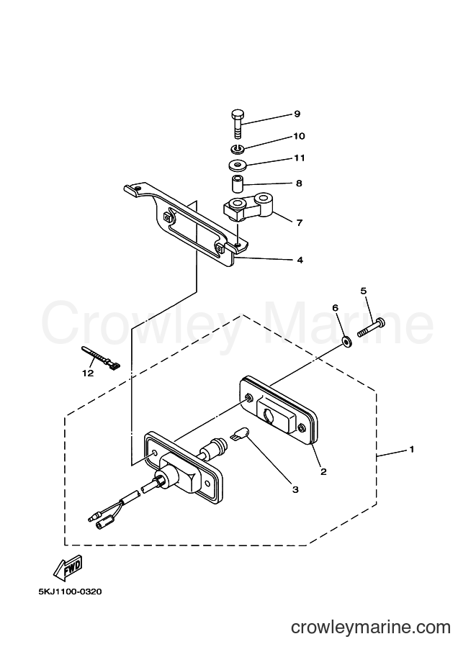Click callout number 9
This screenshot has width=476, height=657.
pos(297,114)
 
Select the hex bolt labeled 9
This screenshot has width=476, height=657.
pos(238,124)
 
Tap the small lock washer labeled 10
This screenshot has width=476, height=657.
pos(238,148)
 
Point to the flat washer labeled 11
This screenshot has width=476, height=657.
pos(238,165)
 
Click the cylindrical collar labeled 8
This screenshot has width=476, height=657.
pos(238,183)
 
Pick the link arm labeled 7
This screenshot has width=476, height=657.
pos(248,207)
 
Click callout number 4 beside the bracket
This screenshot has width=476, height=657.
pos(300,260)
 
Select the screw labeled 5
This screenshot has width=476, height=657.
pos(372,327)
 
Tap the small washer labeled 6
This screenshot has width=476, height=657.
pos(346,342)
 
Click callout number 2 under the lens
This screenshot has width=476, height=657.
pos(323,472)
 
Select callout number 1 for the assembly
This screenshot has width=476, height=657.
pos(412,449)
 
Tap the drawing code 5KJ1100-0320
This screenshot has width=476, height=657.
pos(70,592)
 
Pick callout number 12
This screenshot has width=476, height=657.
pos(88,373)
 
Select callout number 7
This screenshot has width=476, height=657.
pos(299,222)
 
